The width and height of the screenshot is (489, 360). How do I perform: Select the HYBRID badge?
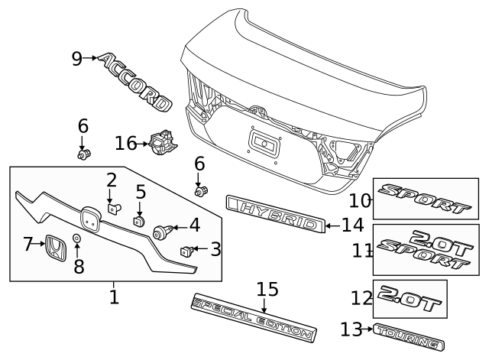(x=275, y=213)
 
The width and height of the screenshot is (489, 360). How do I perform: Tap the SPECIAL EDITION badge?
(x=254, y=316)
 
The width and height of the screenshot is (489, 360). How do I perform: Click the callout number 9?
(x=77, y=58)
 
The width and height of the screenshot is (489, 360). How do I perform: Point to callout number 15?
(x=267, y=290)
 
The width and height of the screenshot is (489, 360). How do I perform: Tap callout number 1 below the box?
(x=114, y=296)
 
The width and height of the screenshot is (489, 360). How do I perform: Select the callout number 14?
(x=352, y=225)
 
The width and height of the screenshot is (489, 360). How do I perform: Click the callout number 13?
(x=351, y=329)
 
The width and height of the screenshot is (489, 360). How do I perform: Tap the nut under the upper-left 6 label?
(x=84, y=154)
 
